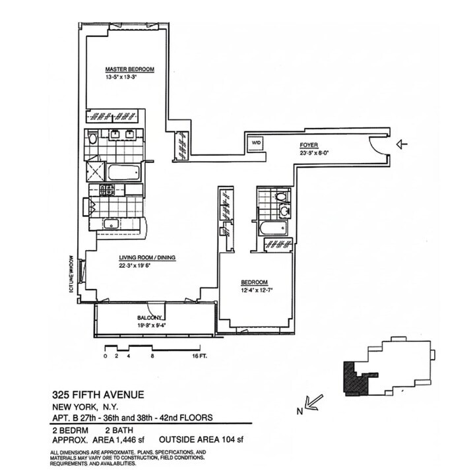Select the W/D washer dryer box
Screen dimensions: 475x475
pos(255,141)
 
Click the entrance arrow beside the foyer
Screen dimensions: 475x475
pos(402,143)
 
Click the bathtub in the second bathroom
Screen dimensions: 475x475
pos(271,229)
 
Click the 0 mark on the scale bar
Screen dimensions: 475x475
pos(105,356)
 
